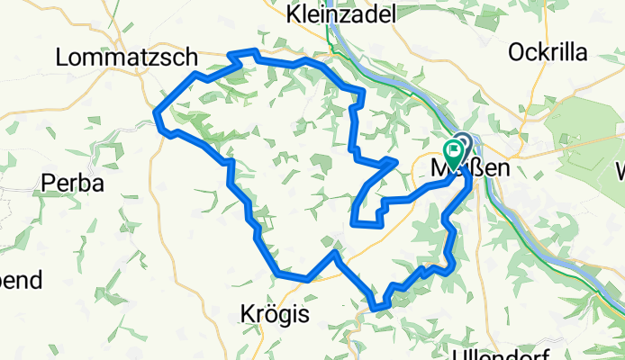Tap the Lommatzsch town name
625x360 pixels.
coord(126,58)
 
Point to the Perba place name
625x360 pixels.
coord(74,183)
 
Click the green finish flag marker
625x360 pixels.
coord(453,149)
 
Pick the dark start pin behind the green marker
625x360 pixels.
coord(463,142)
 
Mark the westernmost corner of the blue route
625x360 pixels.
coord(157,113)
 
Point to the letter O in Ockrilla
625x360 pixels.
coord(517,52)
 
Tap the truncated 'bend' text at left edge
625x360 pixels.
coord(20,280)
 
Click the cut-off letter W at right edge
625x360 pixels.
coord(620,169)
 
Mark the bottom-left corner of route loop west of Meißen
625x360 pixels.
coord(352,220)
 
